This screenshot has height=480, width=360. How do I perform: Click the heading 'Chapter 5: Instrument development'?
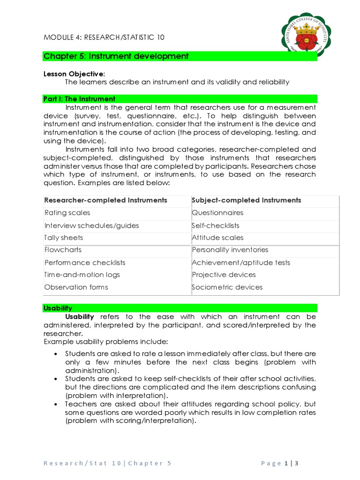coord(116,56)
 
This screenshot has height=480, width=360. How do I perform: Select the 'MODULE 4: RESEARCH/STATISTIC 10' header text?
coord(104,37)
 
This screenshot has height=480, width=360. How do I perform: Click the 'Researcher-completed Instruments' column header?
coord(105,200)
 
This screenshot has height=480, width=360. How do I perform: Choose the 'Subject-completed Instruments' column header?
coord(247,200)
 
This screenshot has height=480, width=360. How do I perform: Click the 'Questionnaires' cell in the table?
coord(217,213)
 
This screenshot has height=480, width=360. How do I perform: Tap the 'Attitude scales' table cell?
coord(217,238)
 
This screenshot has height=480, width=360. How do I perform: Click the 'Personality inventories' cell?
coord(230,250)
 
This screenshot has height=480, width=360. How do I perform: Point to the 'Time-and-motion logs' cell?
coord(82,275)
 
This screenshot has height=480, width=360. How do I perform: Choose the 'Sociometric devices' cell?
coord(227,287)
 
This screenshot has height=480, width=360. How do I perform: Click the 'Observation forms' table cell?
coord(76,287)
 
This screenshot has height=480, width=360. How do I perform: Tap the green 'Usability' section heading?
coord(58,308)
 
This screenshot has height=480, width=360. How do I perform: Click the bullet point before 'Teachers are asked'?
coord(56,404)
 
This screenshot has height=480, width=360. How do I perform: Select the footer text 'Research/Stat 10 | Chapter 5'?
coord(107,464)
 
